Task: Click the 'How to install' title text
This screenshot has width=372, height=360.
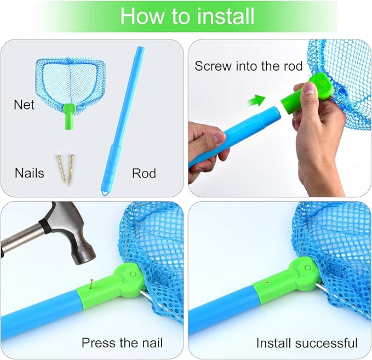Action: pyautogui.click(x=187, y=16)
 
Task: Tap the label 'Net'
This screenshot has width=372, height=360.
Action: pyautogui.click(x=24, y=105)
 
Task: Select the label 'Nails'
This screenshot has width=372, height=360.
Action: pyautogui.click(x=30, y=173)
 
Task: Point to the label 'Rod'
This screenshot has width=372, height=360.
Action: pyautogui.click(x=144, y=173)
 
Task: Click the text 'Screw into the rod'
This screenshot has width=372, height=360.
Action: pyautogui.click(x=248, y=66)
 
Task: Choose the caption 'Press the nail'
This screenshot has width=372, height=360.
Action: pyautogui.click(x=122, y=343)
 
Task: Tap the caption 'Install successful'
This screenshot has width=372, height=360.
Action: pyautogui.click(x=307, y=343)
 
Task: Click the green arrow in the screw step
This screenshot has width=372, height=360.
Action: pyautogui.click(x=256, y=101)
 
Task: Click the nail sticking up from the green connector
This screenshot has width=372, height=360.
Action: pyautogui.click(x=91, y=284)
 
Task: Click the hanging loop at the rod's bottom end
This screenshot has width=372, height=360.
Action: pyautogui.click(x=105, y=193)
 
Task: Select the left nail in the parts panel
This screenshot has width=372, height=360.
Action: pyautogui.click(x=61, y=169)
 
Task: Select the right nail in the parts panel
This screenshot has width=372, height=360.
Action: pyautogui.click(x=71, y=170)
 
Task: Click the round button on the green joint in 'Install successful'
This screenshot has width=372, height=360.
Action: pyautogui.click(x=308, y=268)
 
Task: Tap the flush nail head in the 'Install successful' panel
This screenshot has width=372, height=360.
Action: pyautogui.click(x=267, y=282)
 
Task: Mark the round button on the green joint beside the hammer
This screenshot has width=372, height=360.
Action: pyautogui.click(x=133, y=275)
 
